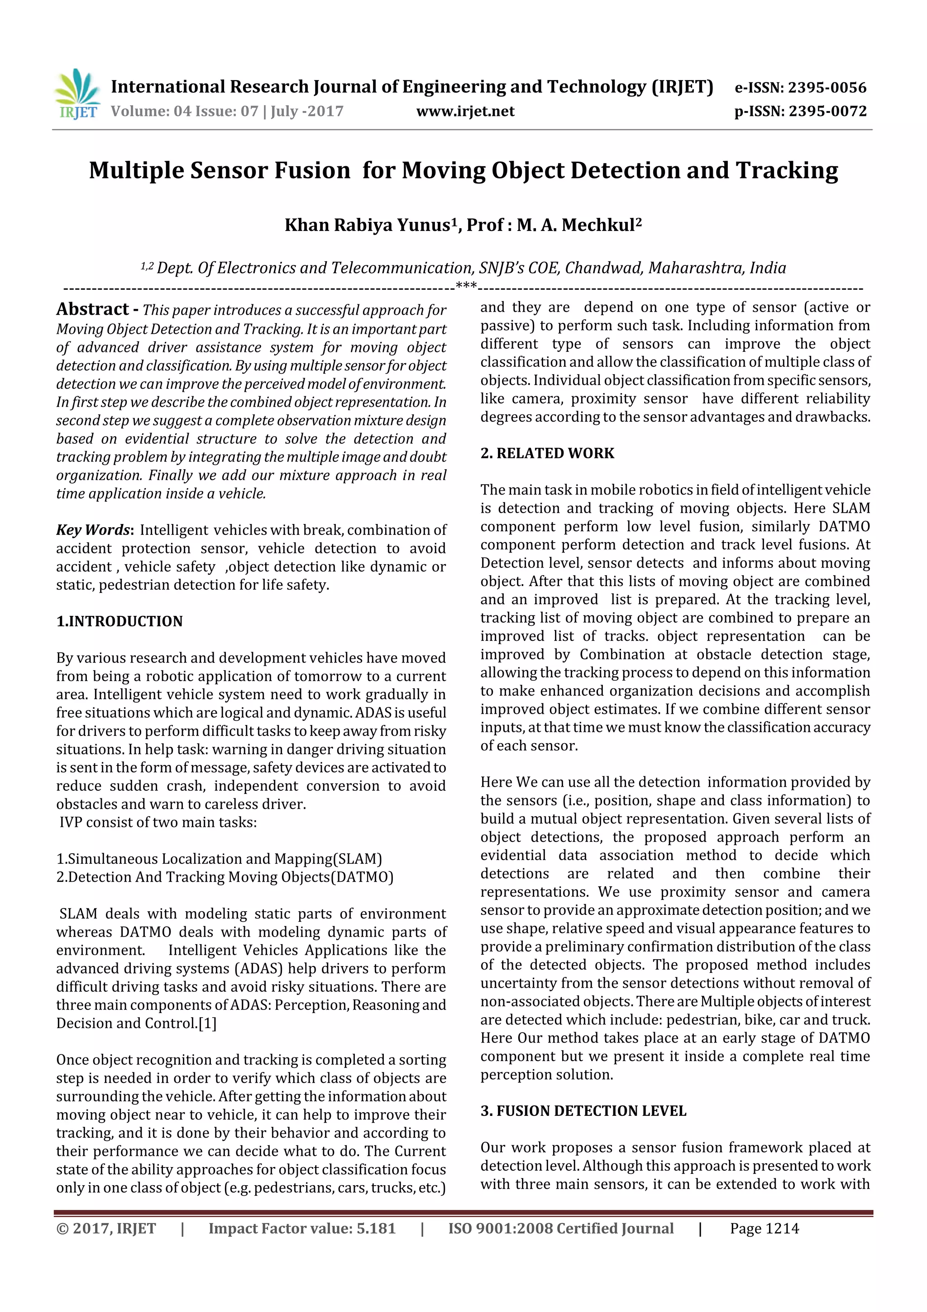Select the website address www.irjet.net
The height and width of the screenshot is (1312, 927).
pyautogui.click(x=465, y=111)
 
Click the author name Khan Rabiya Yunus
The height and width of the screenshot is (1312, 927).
pyautogui.click(x=367, y=225)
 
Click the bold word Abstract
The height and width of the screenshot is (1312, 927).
pyautogui.click(x=92, y=309)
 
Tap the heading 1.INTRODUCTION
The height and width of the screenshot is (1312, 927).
pyautogui.click(x=119, y=621)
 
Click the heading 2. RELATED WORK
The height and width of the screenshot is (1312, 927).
pyautogui.click(x=547, y=453)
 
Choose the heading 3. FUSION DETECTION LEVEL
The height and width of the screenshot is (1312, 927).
pyautogui.click(x=583, y=1111)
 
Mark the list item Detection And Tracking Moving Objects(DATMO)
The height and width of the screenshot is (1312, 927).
pyautogui.click(x=225, y=877)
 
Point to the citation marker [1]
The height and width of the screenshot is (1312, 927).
pyautogui.click(x=207, y=1024)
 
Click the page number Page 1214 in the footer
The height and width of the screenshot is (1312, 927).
pyautogui.click(x=764, y=1229)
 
